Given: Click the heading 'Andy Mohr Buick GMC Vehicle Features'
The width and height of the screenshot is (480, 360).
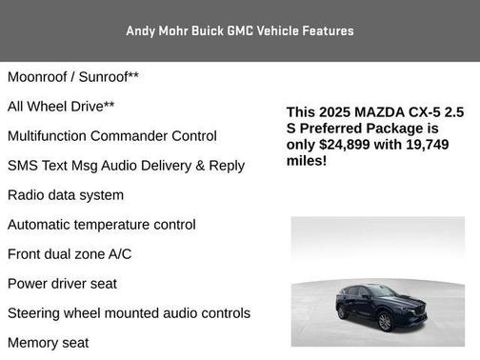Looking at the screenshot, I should pos(240,30).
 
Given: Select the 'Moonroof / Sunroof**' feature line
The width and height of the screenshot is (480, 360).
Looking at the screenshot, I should pos(73,76).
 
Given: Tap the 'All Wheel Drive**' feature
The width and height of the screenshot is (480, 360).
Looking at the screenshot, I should pos(61,107).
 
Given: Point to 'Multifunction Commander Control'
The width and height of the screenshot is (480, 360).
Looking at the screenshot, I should pos(112,136).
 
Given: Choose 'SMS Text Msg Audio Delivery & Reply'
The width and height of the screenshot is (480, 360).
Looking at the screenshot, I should pos(126,166).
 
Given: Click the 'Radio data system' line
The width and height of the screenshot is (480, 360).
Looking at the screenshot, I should pos(66,195).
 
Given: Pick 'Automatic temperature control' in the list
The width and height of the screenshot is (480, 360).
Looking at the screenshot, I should pos(102,225).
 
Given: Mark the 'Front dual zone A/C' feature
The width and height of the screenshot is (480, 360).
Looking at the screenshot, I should pos(70,254).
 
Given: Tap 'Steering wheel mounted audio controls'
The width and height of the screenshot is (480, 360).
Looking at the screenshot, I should pos(129,313).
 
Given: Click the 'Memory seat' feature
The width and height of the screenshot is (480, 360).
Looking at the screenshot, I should pos(48,343).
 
